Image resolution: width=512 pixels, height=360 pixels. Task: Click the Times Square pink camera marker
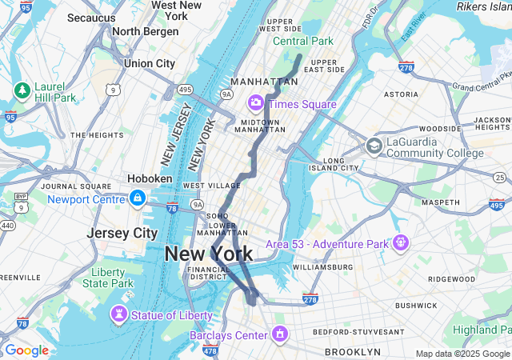tap(256, 102)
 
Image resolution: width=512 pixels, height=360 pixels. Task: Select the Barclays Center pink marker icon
tap(280, 333)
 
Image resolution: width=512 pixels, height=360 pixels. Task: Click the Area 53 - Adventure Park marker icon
tap(401, 242)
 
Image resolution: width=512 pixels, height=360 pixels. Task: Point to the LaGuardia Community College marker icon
tap(374, 146)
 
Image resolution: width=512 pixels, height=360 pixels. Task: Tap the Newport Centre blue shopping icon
tap(138, 198)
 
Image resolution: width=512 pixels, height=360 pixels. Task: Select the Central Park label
tap(302, 41)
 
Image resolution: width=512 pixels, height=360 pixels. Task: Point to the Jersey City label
tap(122, 233)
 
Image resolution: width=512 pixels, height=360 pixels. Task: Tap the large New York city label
tap(209, 254)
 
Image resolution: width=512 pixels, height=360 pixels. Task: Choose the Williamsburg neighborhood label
tap(322, 266)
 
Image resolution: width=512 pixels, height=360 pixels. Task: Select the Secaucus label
tap(92, 17)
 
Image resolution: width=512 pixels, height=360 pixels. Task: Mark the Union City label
tap(150, 63)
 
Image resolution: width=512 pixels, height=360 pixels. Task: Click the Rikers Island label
tap(483, 6)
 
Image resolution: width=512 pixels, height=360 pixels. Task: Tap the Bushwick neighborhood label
tap(416, 305)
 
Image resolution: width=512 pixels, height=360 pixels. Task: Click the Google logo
tap(26, 350)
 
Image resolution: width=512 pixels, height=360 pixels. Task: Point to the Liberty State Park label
tap(107, 278)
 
